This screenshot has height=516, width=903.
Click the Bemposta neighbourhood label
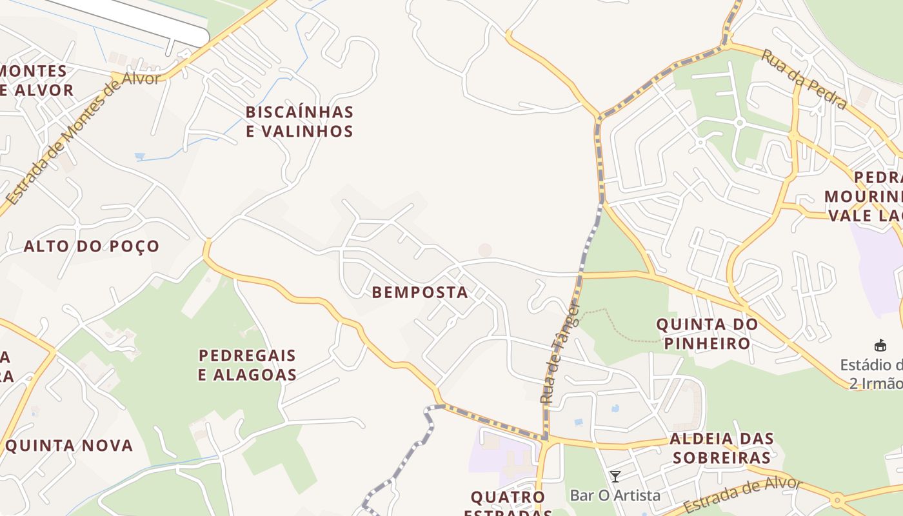420,292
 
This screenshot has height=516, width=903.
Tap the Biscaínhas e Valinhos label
299,122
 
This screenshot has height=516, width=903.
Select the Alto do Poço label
92,246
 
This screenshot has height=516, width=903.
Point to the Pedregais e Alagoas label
247,365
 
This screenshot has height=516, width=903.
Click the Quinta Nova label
68,446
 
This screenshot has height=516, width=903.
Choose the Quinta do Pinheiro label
707,333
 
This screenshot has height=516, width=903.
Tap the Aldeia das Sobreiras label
721,448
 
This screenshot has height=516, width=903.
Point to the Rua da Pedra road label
804,79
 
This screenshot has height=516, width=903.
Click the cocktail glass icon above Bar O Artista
615,477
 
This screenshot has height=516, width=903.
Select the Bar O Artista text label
615,495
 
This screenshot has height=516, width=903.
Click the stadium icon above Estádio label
880,345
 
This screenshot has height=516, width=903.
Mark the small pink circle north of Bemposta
485,250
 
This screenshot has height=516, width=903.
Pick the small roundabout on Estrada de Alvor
837,499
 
